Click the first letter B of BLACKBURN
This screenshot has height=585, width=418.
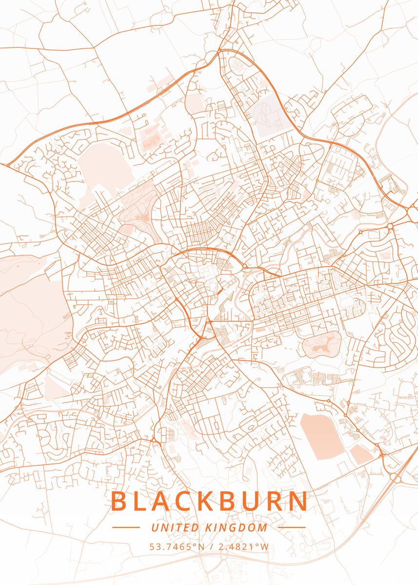[119, 502]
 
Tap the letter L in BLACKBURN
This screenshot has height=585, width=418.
[143, 502]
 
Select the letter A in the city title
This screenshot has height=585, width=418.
[166, 502]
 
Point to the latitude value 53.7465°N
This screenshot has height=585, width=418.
[177, 546]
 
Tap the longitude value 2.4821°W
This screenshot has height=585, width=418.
[243, 546]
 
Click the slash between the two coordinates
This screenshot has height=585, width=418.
[210, 546]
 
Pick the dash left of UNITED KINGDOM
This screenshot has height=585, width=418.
[126, 527]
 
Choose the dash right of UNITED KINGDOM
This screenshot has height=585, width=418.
[292, 527]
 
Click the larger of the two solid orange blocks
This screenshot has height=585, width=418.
[322, 436]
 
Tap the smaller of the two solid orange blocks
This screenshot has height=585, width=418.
[361, 455]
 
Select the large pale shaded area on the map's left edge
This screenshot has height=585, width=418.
[29, 312]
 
